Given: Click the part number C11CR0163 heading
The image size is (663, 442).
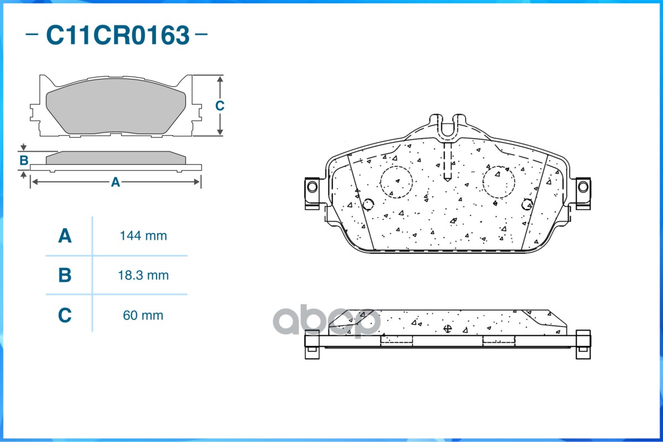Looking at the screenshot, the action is pos(118,35).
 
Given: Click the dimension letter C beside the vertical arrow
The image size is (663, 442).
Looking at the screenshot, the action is pos(220,106).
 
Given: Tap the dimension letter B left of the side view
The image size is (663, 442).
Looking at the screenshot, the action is pos(24,161).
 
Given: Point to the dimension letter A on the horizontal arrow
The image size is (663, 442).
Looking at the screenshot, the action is pos(116,182).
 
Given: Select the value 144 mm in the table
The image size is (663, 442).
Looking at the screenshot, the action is pos(143,235).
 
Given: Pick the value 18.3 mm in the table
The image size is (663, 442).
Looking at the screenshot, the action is pos(143,275).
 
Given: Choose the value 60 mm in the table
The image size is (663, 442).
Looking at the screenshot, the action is pos(143,315).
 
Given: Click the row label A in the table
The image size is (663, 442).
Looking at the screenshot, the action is pos(65,235).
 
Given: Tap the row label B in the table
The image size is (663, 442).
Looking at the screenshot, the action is pos(65,275).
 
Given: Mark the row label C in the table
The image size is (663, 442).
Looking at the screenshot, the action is pos(65,315).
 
